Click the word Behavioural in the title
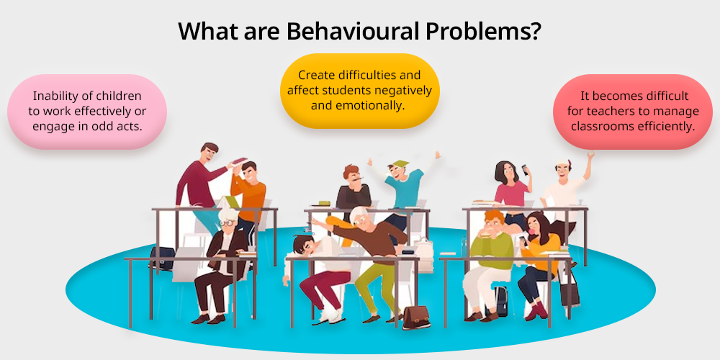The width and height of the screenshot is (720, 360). click(352, 30)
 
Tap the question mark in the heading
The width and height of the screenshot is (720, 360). click(534, 30)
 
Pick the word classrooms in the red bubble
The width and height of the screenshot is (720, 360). click(600, 126)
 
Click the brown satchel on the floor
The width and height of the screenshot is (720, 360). click(416, 318)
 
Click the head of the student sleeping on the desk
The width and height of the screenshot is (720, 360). click(303, 245)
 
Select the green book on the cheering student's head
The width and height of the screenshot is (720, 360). click(400, 163)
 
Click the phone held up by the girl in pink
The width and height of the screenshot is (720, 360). click(525, 170)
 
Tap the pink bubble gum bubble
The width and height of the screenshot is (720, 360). click(534, 231)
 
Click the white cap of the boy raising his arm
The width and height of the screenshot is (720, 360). click(562, 163)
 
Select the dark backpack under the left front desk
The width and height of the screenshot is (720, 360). click(163, 258)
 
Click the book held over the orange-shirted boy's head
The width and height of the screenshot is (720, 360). click(239, 161)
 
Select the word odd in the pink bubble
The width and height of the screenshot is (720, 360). click(104, 126)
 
